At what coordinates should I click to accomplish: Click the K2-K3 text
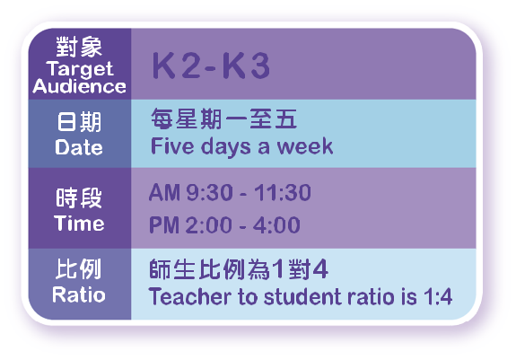pos(211,66)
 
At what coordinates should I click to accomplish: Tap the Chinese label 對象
pos(79,47)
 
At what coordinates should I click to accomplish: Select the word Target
pos(80,69)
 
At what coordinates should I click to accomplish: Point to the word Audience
pos(79,86)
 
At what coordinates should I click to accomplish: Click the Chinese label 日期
pos(79,122)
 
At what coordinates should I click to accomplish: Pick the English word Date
pos(79,147)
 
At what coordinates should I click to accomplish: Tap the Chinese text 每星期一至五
pos(224,119)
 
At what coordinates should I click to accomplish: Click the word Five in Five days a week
pos(172,145)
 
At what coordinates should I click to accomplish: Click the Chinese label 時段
pos(79,198)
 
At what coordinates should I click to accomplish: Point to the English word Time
pos(79,224)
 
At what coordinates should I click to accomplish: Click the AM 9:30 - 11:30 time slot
pos(230,192)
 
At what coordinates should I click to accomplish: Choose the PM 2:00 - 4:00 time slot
pos(224,224)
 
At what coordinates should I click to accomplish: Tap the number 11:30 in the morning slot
pos(283,192)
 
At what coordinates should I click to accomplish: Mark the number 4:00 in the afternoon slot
pos(276,224)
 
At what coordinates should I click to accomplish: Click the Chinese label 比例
pos(78,269)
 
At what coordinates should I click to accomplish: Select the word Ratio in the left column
pos(79,294)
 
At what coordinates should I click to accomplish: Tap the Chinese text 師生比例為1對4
pos(239,269)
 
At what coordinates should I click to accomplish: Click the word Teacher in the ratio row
pos(190,296)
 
